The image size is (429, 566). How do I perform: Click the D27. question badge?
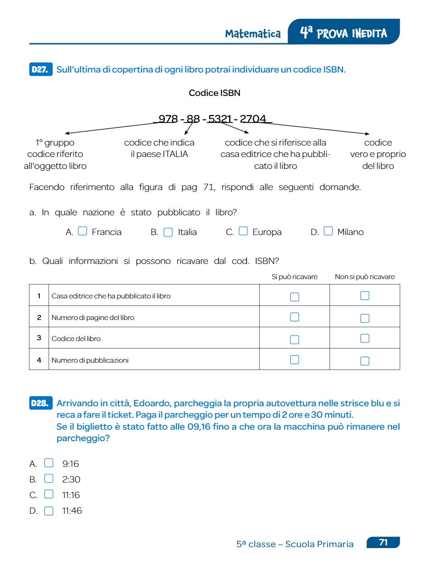tap(41, 70)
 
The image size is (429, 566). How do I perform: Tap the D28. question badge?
tap(41, 403)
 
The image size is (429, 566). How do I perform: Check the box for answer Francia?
tap(83, 231)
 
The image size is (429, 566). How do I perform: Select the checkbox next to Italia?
tap(168, 232)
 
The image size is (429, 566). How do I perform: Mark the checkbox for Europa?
tap(243, 231)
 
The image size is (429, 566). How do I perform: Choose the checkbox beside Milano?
tap(328, 231)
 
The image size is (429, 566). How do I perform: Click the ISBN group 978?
tap(168, 119)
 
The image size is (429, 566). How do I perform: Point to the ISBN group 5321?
tap(220, 119)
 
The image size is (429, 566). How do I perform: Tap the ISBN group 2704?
tap(253, 119)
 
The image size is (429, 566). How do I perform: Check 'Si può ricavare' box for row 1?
tap(295, 297)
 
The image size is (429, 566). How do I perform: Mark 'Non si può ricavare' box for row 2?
tap(365, 318)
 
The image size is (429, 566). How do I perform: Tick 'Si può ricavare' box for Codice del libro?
tap(295, 339)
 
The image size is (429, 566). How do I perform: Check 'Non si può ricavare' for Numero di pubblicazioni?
tap(365, 361)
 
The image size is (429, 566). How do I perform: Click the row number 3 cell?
tap(39, 338)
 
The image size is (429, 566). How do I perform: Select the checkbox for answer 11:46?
tap(49, 511)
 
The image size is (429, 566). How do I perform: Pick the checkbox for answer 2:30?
tap(49, 479)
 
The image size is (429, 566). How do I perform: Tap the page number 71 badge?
tap(384, 543)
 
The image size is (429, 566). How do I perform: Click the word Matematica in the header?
tap(253, 34)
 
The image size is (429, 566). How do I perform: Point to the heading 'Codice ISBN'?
tap(214, 93)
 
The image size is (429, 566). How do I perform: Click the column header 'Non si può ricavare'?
tap(365, 277)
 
